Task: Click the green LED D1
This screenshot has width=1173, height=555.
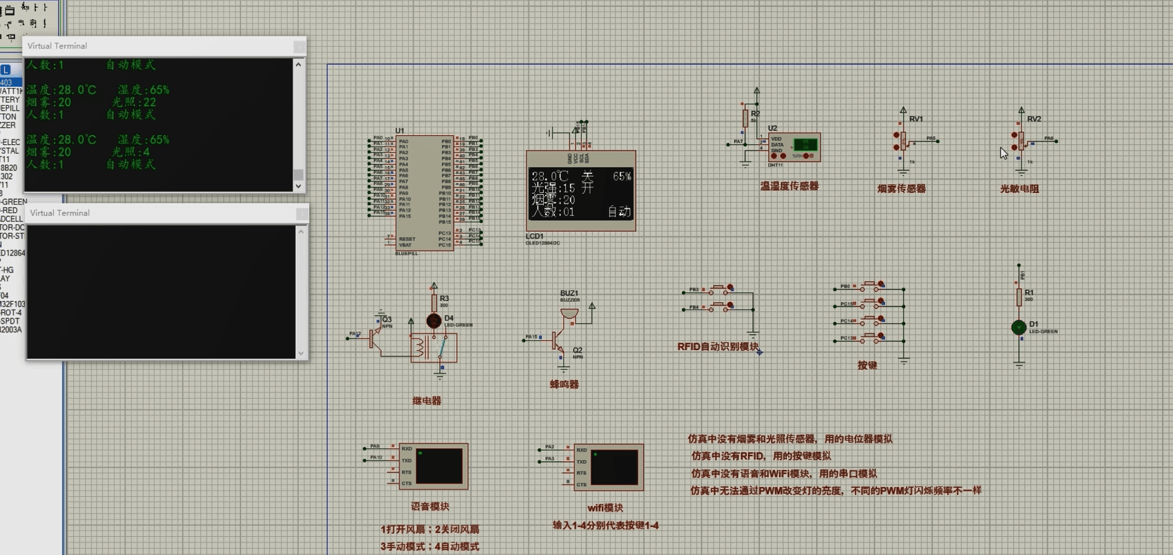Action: click(1018, 327)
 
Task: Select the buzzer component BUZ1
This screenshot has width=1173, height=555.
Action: click(569, 313)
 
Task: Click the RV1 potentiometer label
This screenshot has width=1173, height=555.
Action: click(916, 119)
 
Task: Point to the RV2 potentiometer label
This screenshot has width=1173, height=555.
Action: click(1033, 119)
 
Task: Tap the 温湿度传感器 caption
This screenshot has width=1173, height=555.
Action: click(789, 186)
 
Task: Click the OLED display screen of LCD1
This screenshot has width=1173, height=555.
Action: click(580, 194)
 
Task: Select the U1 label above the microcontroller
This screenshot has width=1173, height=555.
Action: click(399, 131)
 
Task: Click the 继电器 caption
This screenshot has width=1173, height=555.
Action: click(427, 401)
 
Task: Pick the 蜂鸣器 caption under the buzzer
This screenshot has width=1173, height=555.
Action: click(564, 384)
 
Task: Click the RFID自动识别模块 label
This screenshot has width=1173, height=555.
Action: click(717, 347)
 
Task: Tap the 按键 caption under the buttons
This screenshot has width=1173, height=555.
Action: click(867, 365)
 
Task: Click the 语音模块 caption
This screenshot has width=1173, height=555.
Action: click(430, 506)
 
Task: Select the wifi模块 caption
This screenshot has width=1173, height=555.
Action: click(605, 508)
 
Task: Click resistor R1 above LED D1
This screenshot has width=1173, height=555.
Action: click(1019, 297)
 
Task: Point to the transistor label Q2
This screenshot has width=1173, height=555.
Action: click(577, 350)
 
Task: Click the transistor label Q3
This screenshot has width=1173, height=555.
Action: click(387, 319)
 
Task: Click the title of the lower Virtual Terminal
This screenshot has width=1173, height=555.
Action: click(59, 213)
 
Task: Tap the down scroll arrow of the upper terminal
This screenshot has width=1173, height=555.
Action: click(299, 186)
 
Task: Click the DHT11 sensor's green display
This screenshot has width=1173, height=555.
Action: click(805, 144)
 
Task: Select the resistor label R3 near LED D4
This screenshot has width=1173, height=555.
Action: click(444, 299)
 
